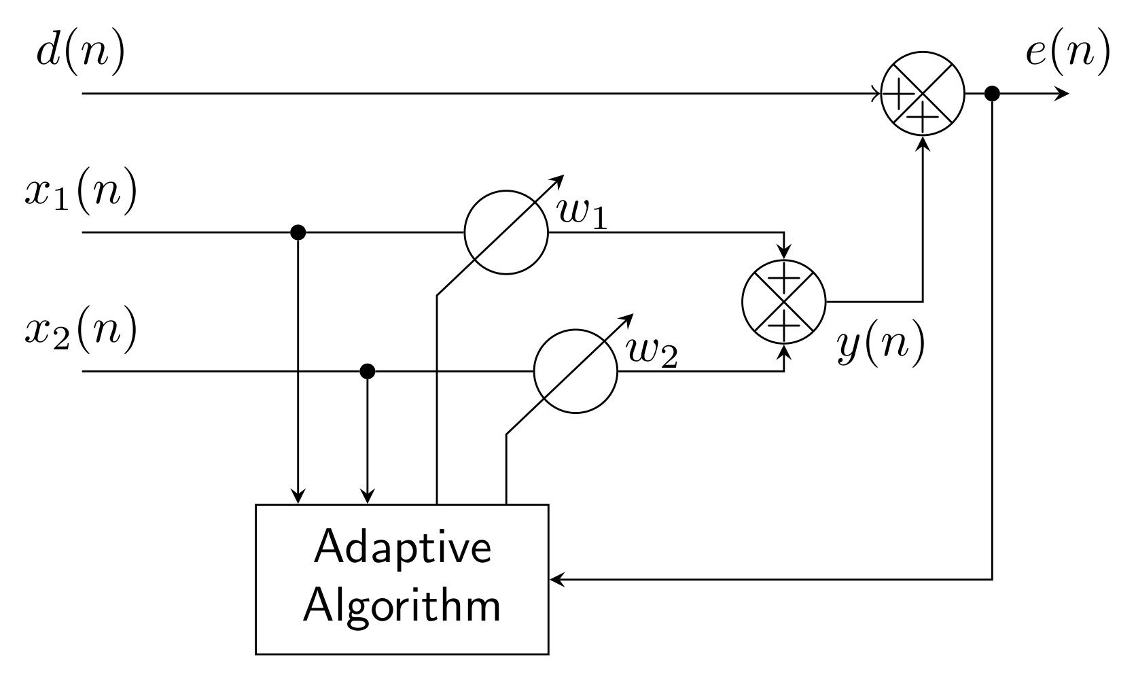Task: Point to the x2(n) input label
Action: pyautogui.click(x=81, y=331)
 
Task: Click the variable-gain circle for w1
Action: pyautogui.click(x=505, y=232)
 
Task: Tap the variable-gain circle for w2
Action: pyautogui.click(x=575, y=372)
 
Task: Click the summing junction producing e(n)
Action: pyautogui.click(x=923, y=94)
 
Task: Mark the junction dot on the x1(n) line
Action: pyautogui.click(x=297, y=232)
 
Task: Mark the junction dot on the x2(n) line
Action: pyautogui.click(x=367, y=371)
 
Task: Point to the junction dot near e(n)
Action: pyautogui.click(x=992, y=94)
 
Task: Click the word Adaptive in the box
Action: pyautogui.click(x=402, y=548)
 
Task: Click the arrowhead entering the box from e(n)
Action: pyautogui.click(x=556, y=580)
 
